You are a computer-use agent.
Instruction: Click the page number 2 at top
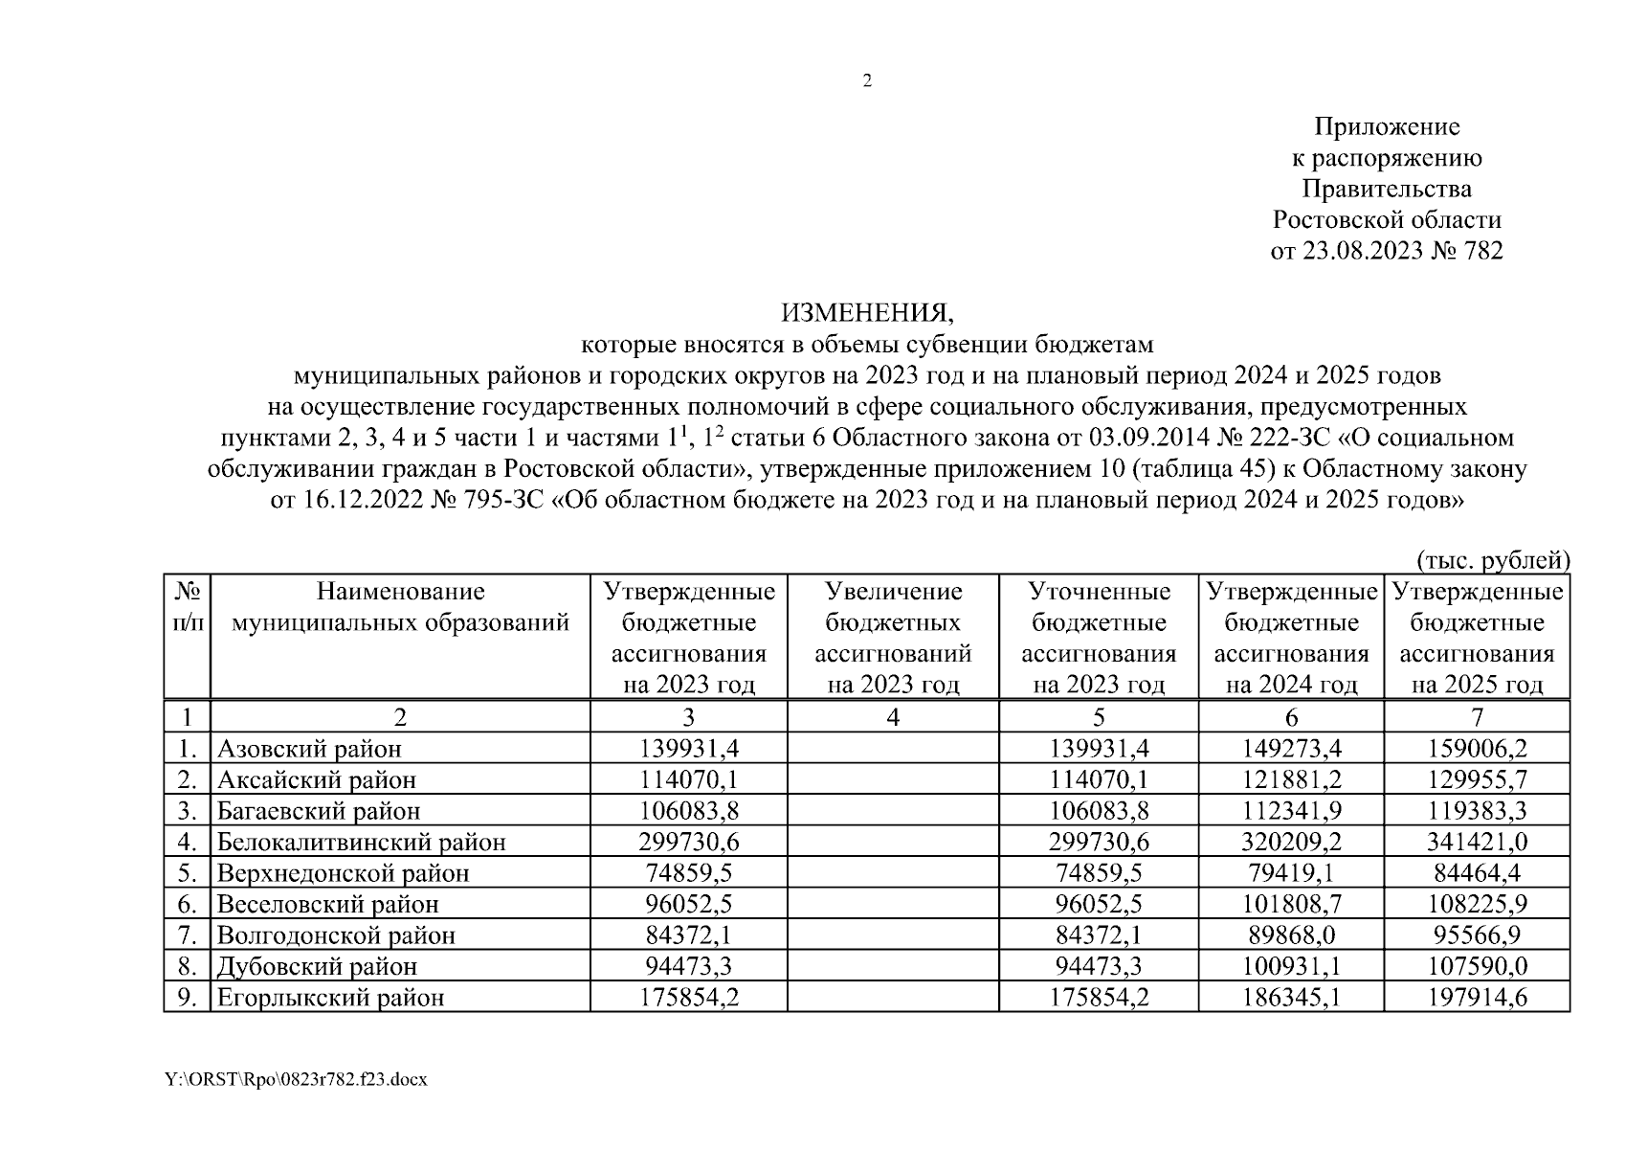(x=867, y=81)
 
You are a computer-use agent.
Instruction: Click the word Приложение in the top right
(x=1387, y=126)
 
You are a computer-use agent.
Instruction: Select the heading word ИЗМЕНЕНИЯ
(x=867, y=313)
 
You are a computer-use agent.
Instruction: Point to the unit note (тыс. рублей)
(x=1492, y=559)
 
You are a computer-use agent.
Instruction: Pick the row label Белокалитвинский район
(x=361, y=843)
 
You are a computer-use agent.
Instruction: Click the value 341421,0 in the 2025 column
(x=1477, y=843)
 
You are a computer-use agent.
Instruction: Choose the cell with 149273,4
(x=1291, y=749)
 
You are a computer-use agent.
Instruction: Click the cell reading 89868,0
(x=1291, y=935)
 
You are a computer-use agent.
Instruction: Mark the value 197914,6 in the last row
(x=1477, y=998)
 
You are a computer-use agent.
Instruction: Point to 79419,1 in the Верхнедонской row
(x=1291, y=873)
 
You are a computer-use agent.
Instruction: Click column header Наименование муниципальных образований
(x=400, y=608)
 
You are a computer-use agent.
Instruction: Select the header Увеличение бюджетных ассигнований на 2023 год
(x=892, y=638)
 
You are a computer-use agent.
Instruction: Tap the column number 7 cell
(x=1477, y=717)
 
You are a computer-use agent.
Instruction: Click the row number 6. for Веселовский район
(x=187, y=905)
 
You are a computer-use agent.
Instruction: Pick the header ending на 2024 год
(x=1291, y=638)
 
